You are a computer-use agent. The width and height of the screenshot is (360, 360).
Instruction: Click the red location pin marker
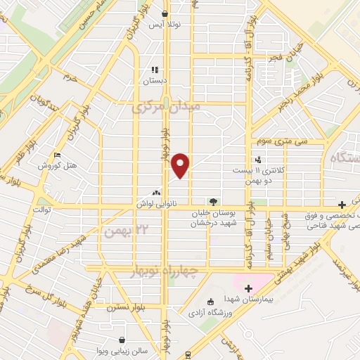pyautogui.click(x=182, y=165)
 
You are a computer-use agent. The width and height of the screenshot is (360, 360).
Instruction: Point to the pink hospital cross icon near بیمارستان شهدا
pyautogui.click(x=247, y=287)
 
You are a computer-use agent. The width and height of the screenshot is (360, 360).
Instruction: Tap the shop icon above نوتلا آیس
pyautogui.click(x=165, y=13)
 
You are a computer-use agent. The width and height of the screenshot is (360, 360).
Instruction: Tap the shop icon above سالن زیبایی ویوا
pyautogui.click(x=123, y=339)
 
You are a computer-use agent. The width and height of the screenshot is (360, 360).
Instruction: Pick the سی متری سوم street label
pyautogui.click(x=282, y=141)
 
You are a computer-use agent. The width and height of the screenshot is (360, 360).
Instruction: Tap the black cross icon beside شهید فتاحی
pyautogui.click(x=342, y=203)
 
